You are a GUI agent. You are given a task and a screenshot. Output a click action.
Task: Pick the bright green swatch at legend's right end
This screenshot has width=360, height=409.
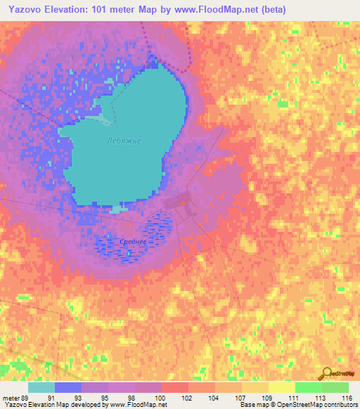coord(335,387)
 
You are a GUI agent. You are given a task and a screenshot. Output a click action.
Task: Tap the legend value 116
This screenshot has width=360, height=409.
coord(346,397)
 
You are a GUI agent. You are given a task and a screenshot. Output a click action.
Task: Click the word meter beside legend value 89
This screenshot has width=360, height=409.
coord(12,397)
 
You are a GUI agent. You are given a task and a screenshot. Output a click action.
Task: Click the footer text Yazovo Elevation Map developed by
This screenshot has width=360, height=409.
coord(49,405)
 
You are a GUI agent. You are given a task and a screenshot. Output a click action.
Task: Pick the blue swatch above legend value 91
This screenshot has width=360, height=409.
coord(68,387)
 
